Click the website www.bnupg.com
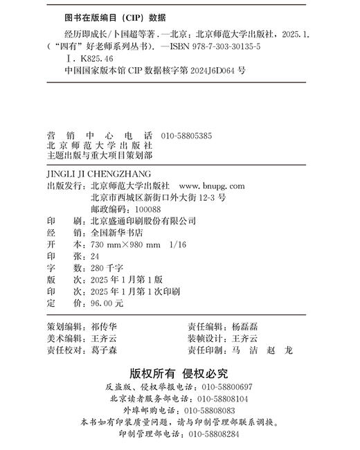(x=211, y=186)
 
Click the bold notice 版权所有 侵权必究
(x=179, y=373)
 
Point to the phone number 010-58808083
(x=208, y=411)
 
